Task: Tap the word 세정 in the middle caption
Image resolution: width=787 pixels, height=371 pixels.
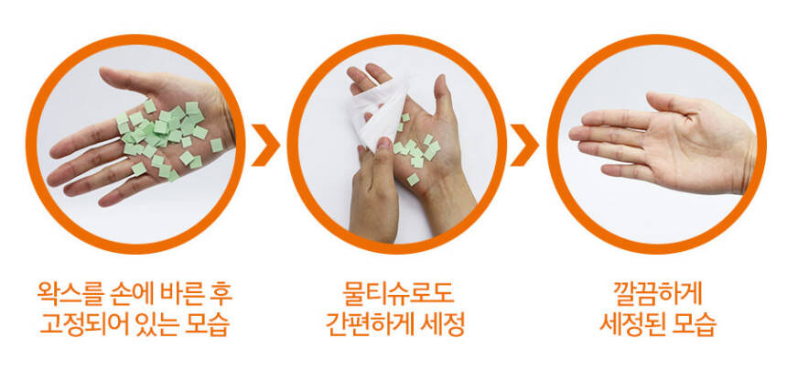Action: (x=444, y=325)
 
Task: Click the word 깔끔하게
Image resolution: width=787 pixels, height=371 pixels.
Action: (x=657, y=293)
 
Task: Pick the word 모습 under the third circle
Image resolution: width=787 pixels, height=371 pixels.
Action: (x=695, y=325)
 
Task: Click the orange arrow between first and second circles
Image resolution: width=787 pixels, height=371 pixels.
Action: (x=265, y=145)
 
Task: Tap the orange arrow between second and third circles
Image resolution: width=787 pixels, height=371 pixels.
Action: (x=524, y=145)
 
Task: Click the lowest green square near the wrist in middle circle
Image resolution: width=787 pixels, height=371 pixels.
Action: (x=413, y=179)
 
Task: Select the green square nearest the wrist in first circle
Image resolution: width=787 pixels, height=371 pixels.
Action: (x=216, y=146)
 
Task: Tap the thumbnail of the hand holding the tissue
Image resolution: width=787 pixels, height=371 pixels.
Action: (x=384, y=143)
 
